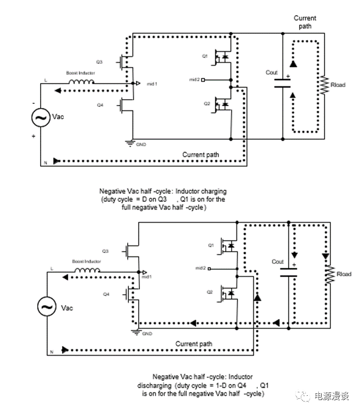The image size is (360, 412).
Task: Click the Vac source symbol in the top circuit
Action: pyautogui.click(x=42, y=118)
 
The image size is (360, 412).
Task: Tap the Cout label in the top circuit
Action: pyautogui.click(x=272, y=73)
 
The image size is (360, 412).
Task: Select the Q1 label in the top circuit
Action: pyautogui.click(x=204, y=56)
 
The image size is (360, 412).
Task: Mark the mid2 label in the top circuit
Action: pyautogui.click(x=194, y=79)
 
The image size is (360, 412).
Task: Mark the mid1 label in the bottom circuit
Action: pyautogui.click(x=145, y=276)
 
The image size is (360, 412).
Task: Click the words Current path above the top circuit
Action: pyautogui.click(x=305, y=22)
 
